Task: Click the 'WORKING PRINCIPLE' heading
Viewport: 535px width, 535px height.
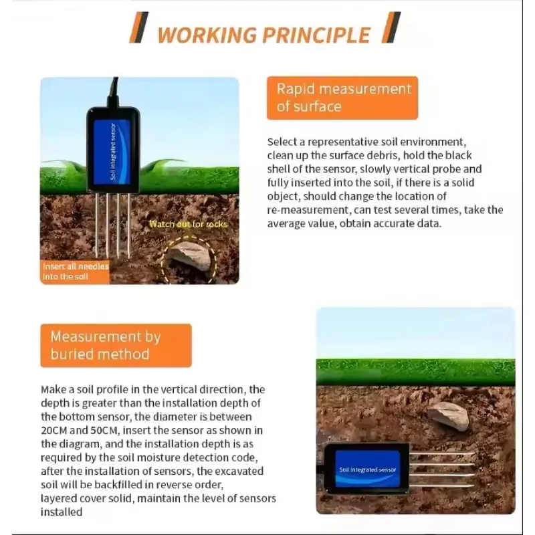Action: pyautogui.click(x=263, y=35)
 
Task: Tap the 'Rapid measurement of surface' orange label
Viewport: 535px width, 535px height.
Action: pyautogui.click(x=342, y=98)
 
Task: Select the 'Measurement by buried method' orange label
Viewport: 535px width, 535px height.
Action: pyautogui.click(x=115, y=345)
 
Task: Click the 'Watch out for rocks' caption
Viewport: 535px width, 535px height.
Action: pyautogui.click(x=188, y=224)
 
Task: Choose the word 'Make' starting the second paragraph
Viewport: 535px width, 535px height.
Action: pyautogui.click(x=53, y=389)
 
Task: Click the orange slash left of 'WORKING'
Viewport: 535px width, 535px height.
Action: pyautogui.click(x=136, y=30)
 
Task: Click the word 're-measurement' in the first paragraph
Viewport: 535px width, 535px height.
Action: pyautogui.click(x=305, y=210)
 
